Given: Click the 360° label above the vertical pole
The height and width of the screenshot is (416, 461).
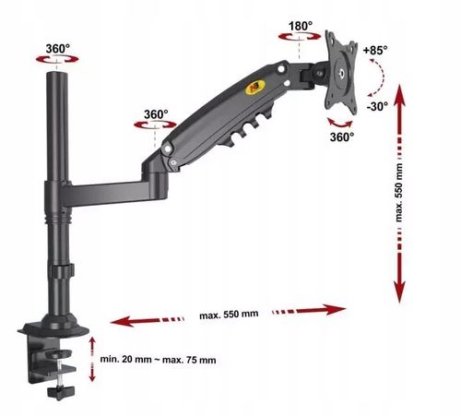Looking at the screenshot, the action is [x=58, y=49].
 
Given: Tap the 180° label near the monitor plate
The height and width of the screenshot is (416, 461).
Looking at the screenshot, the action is [x=301, y=26].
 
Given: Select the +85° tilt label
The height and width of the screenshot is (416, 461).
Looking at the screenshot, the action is [x=375, y=50].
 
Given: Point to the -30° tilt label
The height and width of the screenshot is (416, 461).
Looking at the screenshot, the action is [x=377, y=106].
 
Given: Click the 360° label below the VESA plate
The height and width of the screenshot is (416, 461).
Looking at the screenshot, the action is [x=342, y=137].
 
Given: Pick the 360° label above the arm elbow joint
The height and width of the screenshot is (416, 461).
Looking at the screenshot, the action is [x=156, y=114].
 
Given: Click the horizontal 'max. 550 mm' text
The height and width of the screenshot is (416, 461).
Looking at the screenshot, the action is [x=229, y=315].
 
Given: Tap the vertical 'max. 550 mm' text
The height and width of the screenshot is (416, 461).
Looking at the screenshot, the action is [x=398, y=193].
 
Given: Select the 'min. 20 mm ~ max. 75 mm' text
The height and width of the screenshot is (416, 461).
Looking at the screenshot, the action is [x=158, y=360].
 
